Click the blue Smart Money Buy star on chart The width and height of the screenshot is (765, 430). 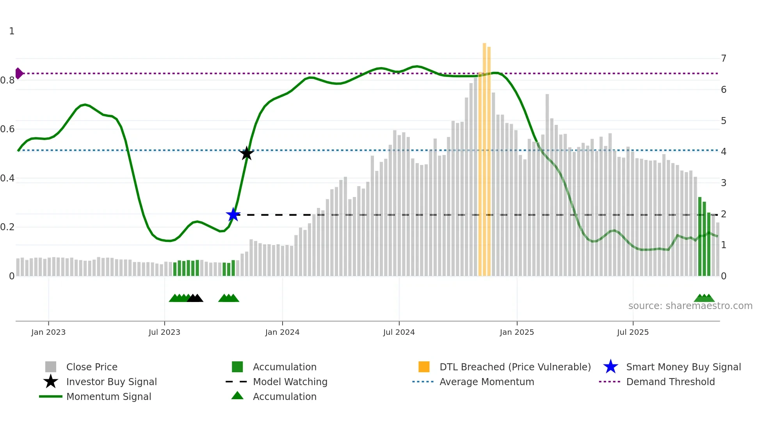point(233,215)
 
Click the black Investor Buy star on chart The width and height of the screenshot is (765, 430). point(246,154)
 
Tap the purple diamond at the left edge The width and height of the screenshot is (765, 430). point(19,73)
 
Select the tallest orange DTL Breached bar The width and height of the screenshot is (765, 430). point(484,156)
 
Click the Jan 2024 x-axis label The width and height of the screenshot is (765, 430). point(282,332)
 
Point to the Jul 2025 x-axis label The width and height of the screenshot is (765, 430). point(633,332)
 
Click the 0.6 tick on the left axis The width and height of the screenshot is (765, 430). point(7,129)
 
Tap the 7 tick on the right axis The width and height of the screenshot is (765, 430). point(724,59)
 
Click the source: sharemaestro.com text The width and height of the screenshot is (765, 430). point(690,306)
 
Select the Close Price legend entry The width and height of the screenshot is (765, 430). point(91,367)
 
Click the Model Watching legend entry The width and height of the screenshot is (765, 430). point(290,382)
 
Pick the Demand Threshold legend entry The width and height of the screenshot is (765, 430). point(670,382)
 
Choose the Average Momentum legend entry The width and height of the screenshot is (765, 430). point(486,382)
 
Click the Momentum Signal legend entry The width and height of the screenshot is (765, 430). point(109,396)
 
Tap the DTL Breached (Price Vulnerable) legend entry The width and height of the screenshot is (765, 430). point(515,367)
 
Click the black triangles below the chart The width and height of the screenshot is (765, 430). point(195,299)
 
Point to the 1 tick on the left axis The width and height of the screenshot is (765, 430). point(12,31)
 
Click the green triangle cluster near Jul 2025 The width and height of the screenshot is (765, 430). point(704,299)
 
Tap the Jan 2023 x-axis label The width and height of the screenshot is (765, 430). point(48,332)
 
